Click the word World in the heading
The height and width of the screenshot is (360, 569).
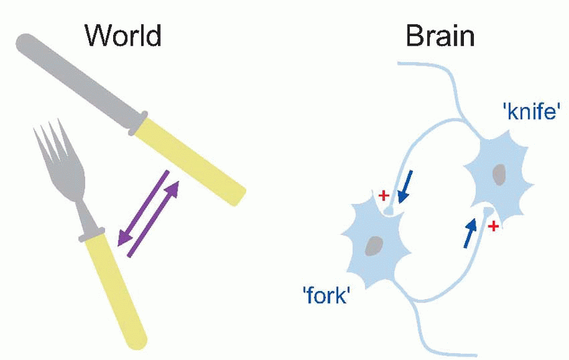pos(123,35)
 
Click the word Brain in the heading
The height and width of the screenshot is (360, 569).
pos(440,35)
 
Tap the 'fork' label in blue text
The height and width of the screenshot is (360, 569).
pos(327,295)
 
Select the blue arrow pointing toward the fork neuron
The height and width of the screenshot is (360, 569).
pos(405,187)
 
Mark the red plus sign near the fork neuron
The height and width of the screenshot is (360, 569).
pos(383,195)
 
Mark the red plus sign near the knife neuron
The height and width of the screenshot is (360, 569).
pos(493,227)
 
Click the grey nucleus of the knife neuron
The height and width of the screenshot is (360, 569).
pos(499,175)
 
